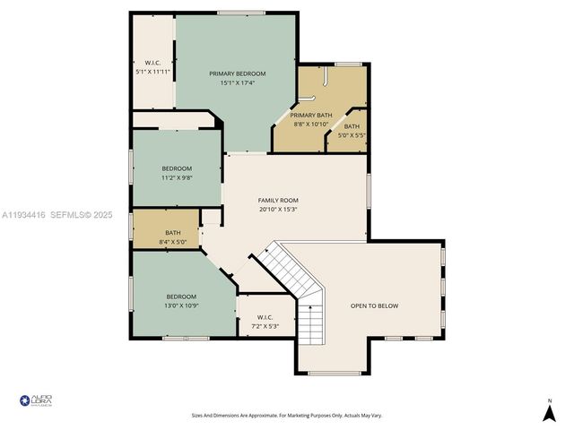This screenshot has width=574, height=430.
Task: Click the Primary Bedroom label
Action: tap(238, 73)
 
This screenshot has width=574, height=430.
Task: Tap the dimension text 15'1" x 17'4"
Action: tap(238, 83)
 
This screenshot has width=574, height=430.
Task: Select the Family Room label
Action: tap(278, 200)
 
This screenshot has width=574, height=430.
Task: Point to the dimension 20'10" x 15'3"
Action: tap(278, 210)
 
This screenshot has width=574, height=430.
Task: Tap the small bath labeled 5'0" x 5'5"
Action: tap(352, 131)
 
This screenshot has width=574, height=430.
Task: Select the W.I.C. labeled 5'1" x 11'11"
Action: tap(152, 66)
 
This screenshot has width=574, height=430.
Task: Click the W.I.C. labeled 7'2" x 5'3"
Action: tap(265, 321)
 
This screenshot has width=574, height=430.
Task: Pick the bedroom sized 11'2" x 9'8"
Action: tap(177, 172)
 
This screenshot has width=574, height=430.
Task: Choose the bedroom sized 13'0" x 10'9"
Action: tap(181, 301)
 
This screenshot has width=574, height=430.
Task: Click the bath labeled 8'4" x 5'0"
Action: tap(172, 236)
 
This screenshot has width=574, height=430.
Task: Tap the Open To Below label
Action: tap(374, 305)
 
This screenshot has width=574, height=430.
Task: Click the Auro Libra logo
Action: tap(36, 400)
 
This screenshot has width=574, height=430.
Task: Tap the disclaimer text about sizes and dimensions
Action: tap(286, 415)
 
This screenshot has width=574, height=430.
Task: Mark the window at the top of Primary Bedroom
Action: tap(240, 13)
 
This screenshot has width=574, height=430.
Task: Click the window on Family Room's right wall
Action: tap(369, 189)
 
